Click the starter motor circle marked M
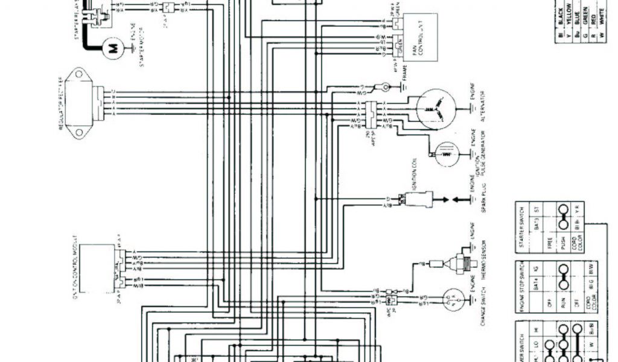click(x=111, y=49)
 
